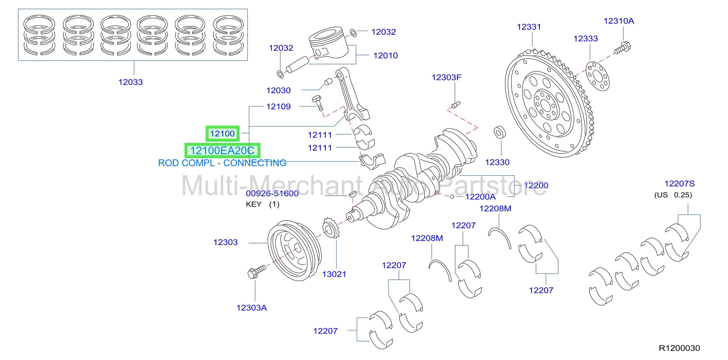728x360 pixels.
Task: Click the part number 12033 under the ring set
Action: tap(130, 82)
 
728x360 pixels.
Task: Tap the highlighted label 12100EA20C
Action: tap(222, 150)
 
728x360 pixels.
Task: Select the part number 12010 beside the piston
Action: tap(386, 55)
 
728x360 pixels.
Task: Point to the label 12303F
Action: tap(446, 77)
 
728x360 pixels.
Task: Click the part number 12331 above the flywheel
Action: tap(529, 27)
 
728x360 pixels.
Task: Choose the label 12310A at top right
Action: tap(619, 21)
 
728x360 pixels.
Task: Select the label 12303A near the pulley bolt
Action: tap(251, 308)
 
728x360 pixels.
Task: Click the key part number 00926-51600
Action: tap(272, 193)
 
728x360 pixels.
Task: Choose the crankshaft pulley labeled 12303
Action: tap(294, 251)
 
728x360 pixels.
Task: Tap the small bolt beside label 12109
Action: tap(318, 103)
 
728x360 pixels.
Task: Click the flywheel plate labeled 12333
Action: tap(598, 76)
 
